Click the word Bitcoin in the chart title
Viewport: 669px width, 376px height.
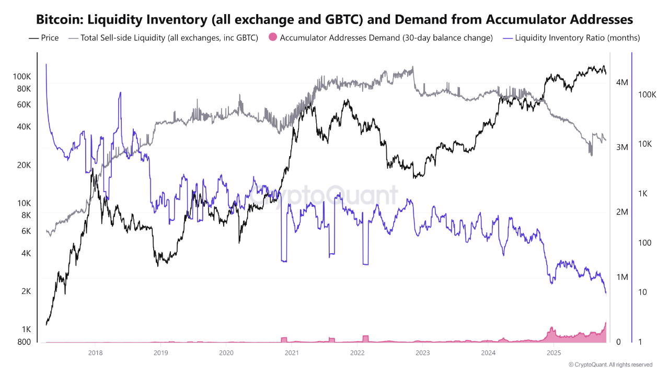(x=59, y=19)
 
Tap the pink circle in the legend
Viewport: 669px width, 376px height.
(x=272, y=38)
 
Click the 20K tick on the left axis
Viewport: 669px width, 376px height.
(x=24, y=165)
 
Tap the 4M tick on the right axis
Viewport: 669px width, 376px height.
(x=622, y=83)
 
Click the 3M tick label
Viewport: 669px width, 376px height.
(x=622, y=147)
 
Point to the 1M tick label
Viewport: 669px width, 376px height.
(x=622, y=277)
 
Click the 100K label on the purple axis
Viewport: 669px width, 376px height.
(x=647, y=95)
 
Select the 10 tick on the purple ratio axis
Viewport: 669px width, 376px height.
(x=642, y=292)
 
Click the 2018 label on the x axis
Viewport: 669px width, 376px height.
(x=95, y=353)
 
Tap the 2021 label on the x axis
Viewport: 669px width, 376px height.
(x=292, y=353)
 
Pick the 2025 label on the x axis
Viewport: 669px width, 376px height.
(x=553, y=353)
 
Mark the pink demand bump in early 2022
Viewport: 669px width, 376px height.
(x=365, y=338)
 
